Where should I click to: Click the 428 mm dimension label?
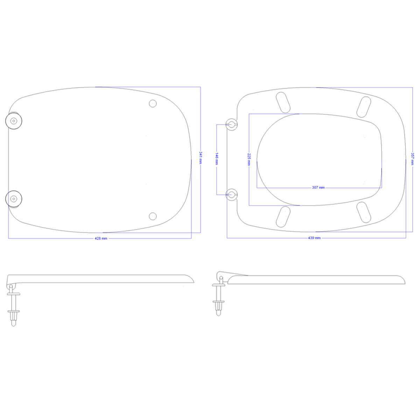101,238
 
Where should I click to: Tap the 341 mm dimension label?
201,157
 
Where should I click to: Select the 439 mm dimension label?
314,238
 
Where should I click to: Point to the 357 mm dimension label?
412,159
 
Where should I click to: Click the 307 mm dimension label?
318,188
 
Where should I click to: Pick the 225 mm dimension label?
249,159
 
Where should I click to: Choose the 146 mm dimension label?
217,159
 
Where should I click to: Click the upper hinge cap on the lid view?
14,121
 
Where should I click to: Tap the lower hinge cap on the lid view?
14,199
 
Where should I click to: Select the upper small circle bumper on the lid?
153,104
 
